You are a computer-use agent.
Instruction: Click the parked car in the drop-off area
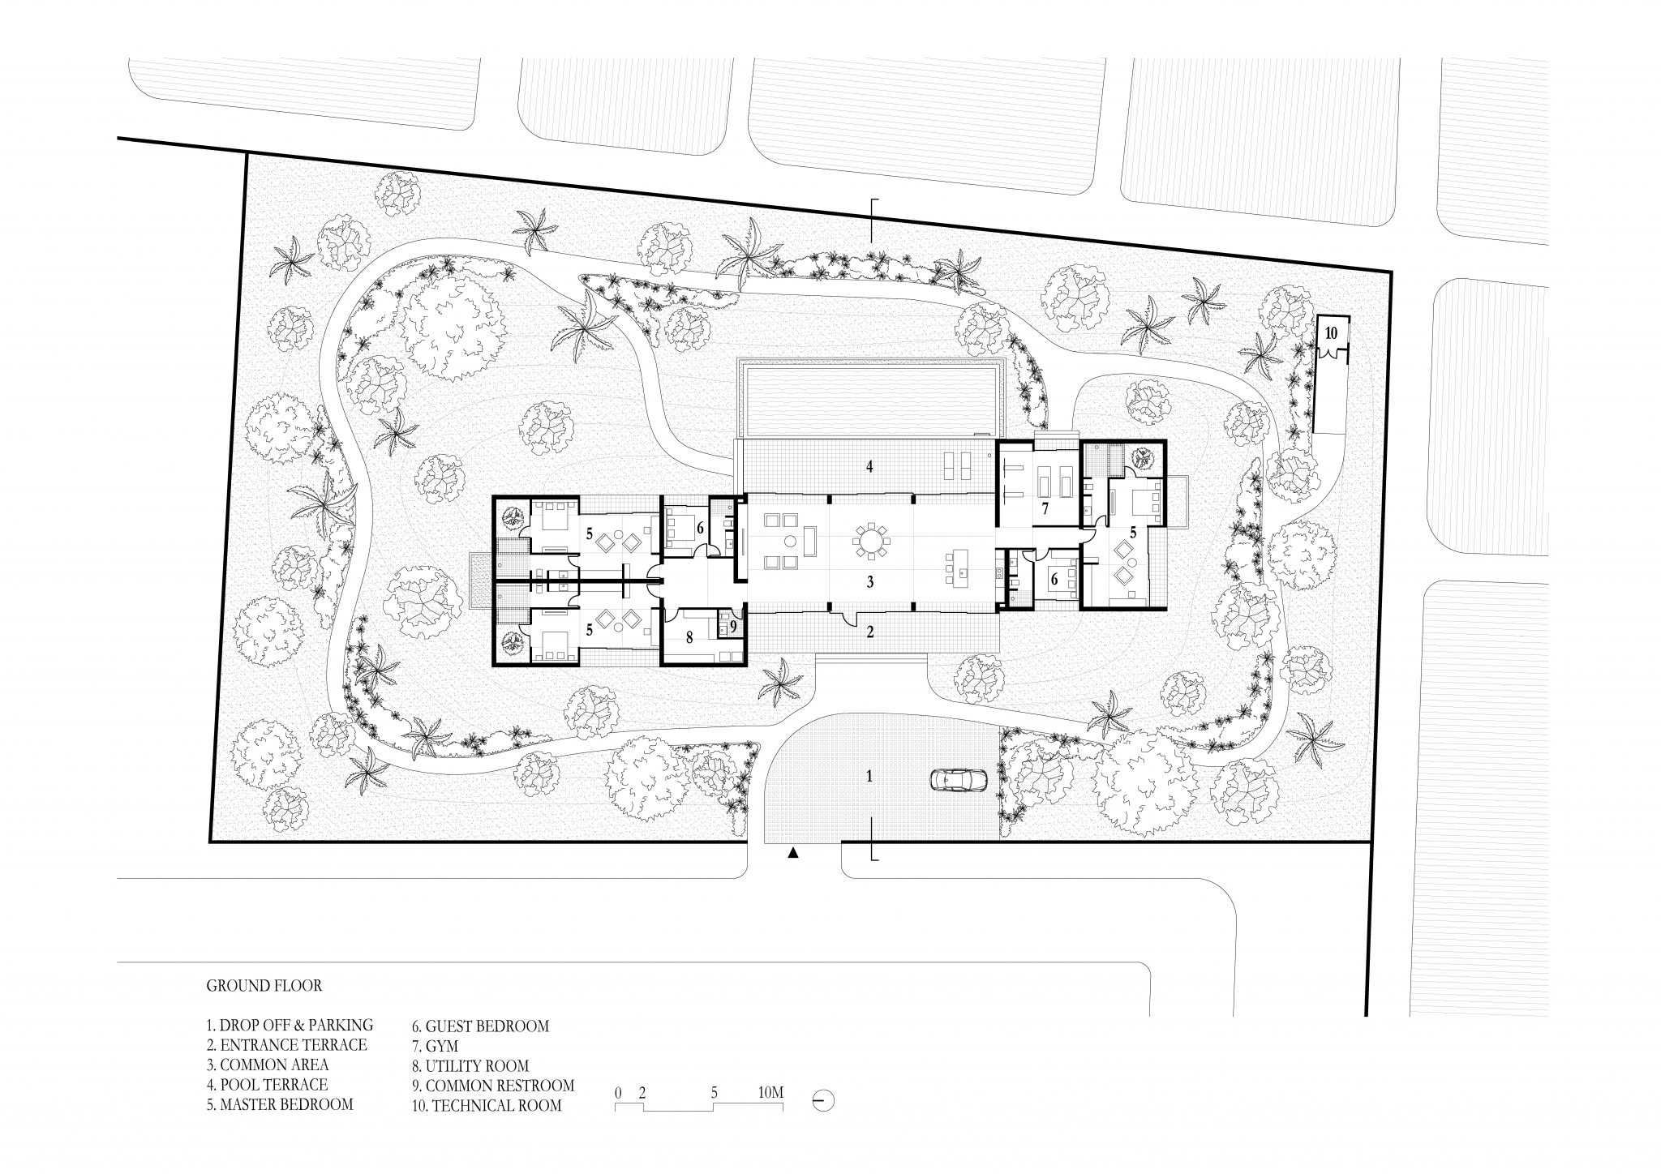[x=958, y=780]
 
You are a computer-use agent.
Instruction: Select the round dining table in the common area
[x=871, y=539]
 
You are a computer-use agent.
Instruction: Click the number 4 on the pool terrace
[x=869, y=467]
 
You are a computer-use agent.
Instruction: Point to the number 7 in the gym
[x=1045, y=509]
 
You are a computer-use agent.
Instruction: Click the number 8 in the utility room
[x=690, y=638]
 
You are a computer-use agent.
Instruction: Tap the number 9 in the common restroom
[x=732, y=626]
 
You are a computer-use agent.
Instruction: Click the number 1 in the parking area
[x=869, y=775]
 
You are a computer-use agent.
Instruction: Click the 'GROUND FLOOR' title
[x=264, y=986]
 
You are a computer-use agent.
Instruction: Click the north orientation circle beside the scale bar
[x=823, y=1101]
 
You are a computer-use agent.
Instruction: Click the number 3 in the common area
[x=869, y=581]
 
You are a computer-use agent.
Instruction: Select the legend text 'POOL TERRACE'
[x=267, y=1085]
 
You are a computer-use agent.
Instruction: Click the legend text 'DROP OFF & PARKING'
[x=290, y=1026]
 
